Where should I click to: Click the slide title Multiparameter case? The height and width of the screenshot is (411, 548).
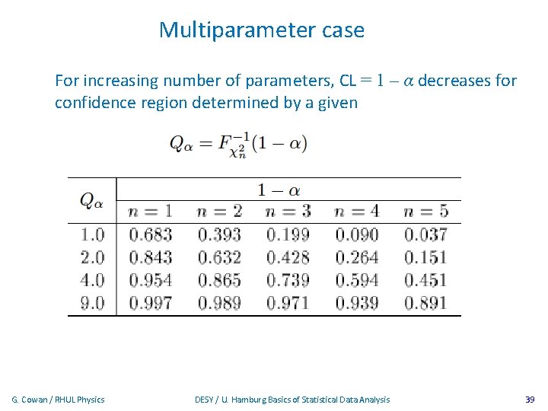(262, 30)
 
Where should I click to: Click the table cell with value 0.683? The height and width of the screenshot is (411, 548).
(150, 234)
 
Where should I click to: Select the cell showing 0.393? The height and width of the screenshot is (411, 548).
(219, 234)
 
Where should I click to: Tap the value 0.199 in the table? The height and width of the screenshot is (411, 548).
(288, 234)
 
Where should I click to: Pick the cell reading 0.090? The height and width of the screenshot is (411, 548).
(357, 234)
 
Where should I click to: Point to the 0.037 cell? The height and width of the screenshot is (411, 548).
(425, 234)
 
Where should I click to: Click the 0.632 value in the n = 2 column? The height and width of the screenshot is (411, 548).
(219, 257)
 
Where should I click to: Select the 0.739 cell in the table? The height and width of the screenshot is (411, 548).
(288, 280)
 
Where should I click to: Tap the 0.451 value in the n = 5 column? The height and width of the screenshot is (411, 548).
(425, 280)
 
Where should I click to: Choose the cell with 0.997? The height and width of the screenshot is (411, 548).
(150, 303)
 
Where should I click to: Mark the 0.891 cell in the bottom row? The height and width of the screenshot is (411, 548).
(425, 303)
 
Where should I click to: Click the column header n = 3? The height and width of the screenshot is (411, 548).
(288, 211)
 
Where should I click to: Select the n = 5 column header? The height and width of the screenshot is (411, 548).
(425, 211)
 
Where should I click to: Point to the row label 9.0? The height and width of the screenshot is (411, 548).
(92, 303)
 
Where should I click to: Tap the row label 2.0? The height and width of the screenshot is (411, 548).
(92, 257)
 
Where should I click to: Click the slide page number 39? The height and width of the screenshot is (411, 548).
(530, 400)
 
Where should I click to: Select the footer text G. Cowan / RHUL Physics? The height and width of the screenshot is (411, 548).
(59, 400)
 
